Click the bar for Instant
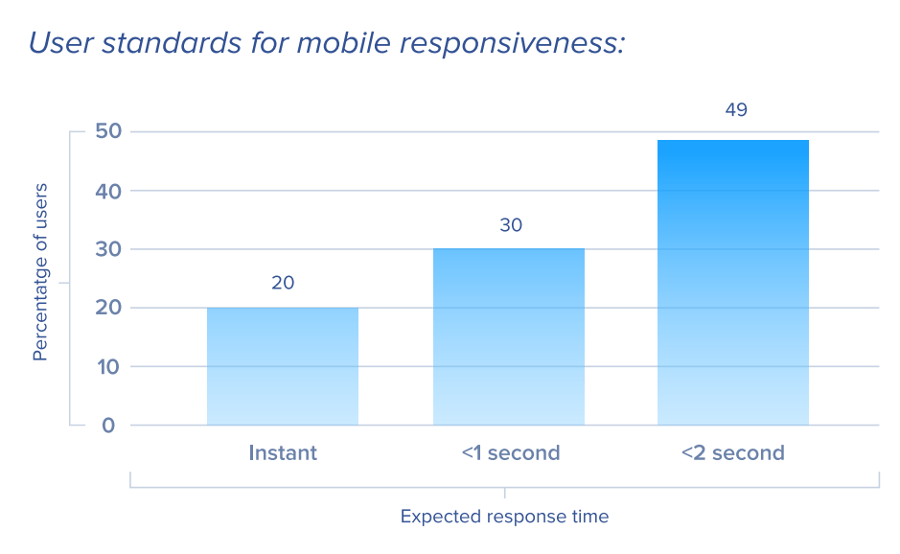(x=283, y=366)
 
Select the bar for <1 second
(x=509, y=337)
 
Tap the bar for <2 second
(x=733, y=283)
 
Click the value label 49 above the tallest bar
(x=736, y=109)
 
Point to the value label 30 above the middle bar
(x=511, y=225)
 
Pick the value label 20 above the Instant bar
(x=283, y=283)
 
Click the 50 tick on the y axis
(x=108, y=131)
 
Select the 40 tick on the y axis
(x=108, y=191)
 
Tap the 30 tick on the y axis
(x=108, y=249)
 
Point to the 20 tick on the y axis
(x=108, y=308)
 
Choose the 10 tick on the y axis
(x=108, y=366)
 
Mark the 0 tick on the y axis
(x=108, y=426)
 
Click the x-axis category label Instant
(x=283, y=453)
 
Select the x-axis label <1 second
(x=511, y=453)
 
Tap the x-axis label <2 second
(x=733, y=453)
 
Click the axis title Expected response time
(x=504, y=517)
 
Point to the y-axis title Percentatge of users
(x=40, y=272)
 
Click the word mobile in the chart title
(x=343, y=43)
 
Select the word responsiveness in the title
(x=512, y=44)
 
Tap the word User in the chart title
(x=60, y=43)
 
